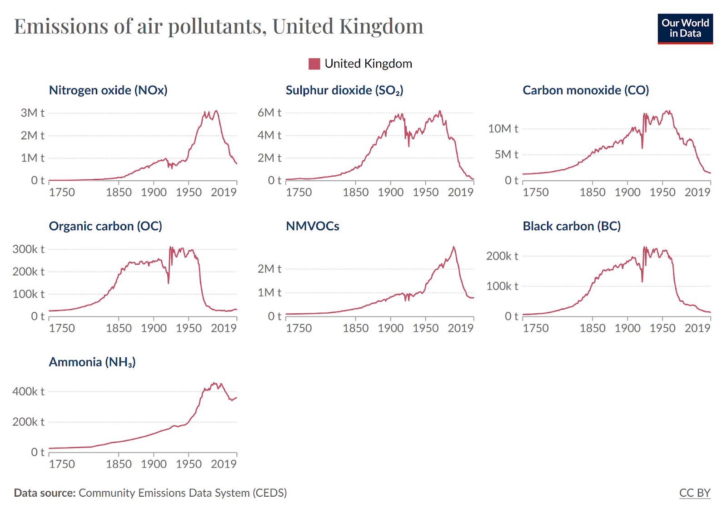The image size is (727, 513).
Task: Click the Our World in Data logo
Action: coord(685,28)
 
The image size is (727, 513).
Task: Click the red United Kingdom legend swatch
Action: coord(314,64)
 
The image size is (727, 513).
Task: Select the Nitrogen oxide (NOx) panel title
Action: coord(108,90)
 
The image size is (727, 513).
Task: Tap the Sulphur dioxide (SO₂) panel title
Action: coord(344,90)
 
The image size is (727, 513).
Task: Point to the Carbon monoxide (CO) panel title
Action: coord(585,90)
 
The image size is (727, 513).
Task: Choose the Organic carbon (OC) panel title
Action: coord(105,226)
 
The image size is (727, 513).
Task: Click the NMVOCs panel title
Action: coord(312,226)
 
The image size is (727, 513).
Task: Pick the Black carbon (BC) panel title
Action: coord(571,226)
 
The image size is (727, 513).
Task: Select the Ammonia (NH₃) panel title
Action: coord(92,362)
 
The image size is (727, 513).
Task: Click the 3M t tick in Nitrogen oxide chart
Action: coord(32,113)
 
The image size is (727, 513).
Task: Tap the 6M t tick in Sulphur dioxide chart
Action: coord(269,113)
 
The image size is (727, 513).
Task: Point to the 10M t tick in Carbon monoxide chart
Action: coord(503,129)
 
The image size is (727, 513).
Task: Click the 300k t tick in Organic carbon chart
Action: coord(28,249)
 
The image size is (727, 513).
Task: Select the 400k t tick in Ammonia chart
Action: coord(28,391)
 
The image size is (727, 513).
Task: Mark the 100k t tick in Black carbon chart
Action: coord(502,286)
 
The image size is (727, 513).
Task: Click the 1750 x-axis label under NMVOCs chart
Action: coord(299,328)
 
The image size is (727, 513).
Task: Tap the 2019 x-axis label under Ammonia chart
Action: coord(224,464)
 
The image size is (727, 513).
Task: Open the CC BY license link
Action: coord(694,493)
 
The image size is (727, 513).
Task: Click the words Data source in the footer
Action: coord(45,493)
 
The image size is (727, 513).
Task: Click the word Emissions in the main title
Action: coord(61,26)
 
